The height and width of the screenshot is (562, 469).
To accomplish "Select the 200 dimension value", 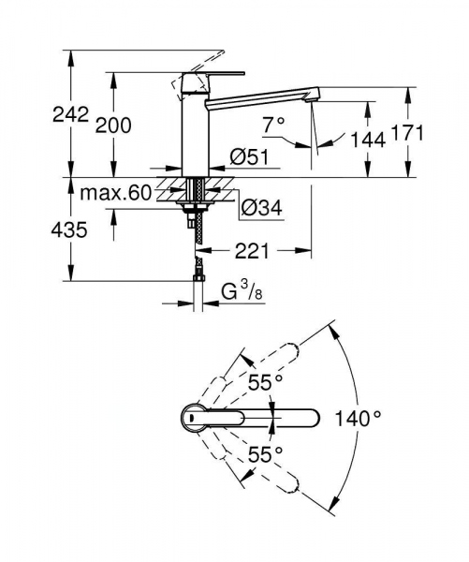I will pos(113,126).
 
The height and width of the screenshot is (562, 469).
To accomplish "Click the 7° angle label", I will pos(274,123).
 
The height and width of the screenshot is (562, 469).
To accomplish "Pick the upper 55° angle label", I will pos(266,382).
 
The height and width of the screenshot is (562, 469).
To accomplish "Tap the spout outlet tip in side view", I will pos(315,99).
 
